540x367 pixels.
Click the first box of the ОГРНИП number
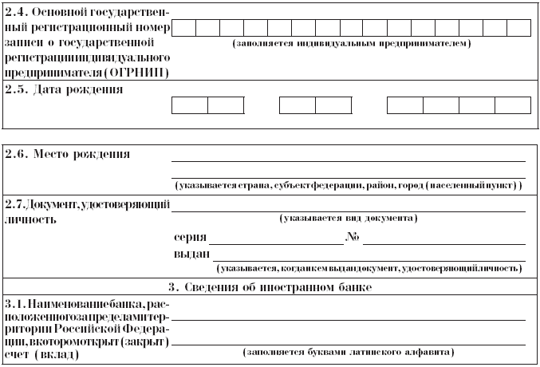click(183, 28)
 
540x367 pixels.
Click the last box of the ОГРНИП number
click(518, 28)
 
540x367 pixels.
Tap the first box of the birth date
click(190, 106)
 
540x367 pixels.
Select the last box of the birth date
click(512, 106)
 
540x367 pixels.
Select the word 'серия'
click(189, 238)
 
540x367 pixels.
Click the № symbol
click(353, 237)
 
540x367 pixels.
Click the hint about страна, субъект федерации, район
click(349, 185)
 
